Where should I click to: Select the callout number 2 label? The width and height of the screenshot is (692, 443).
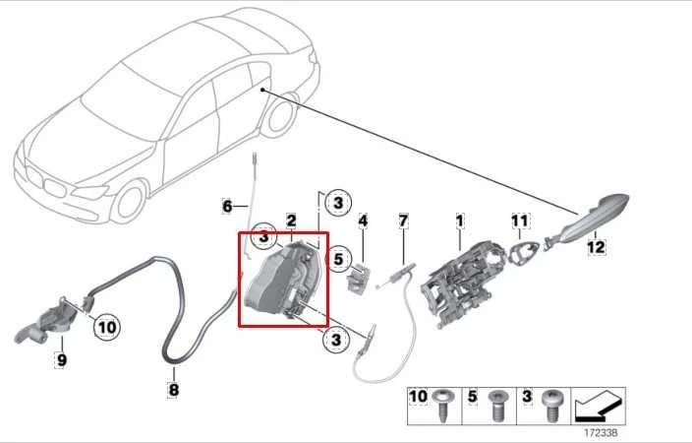pyautogui.click(x=291, y=220)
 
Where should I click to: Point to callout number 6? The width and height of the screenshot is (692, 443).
pyautogui.click(x=227, y=207)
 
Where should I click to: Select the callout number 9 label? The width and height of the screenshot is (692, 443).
pyautogui.click(x=61, y=360)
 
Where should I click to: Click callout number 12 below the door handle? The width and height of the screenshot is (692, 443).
pyautogui.click(x=596, y=248)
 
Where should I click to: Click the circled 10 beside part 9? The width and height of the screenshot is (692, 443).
pyautogui.click(x=105, y=326)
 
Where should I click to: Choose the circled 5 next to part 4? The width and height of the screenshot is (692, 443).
pyautogui.click(x=336, y=261)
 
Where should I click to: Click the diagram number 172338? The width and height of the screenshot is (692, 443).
pyautogui.click(x=603, y=430)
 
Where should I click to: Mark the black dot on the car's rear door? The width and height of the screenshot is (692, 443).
pyautogui.click(x=263, y=90)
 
